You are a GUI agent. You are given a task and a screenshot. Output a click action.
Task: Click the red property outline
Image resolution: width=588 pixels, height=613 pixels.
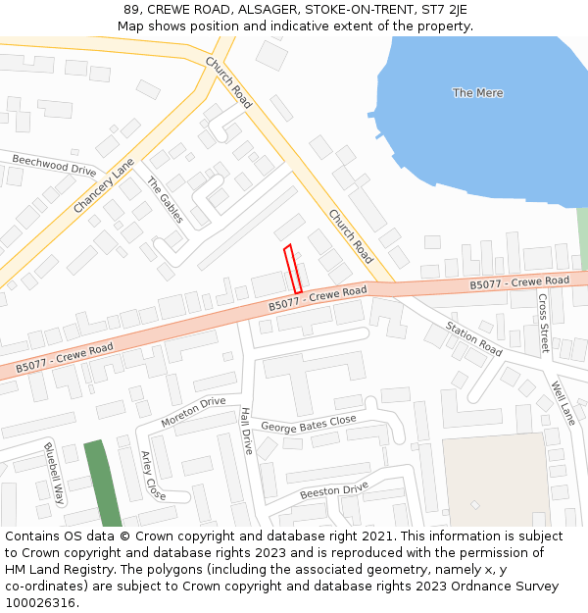click(x=292, y=268)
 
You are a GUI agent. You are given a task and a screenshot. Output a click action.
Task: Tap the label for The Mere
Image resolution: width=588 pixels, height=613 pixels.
click(x=477, y=93)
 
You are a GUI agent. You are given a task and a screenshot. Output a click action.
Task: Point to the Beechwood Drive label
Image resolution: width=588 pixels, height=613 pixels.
click(x=54, y=164)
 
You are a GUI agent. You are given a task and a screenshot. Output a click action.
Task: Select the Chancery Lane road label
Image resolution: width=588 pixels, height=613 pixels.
click(x=103, y=186)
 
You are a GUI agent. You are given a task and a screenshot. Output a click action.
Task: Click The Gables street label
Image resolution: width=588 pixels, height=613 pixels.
click(x=165, y=199)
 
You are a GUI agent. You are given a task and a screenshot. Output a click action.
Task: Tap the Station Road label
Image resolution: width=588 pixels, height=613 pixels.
click(x=473, y=338)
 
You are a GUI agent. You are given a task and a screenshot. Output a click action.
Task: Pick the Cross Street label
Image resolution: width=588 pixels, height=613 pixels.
click(x=543, y=324)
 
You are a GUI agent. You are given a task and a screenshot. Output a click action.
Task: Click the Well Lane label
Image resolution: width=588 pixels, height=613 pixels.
click(x=563, y=402)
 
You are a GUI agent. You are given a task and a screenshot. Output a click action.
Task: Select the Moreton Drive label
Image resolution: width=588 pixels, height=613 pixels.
click(x=193, y=412)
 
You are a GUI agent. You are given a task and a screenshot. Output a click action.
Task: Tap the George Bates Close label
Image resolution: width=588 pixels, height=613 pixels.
click(x=309, y=425)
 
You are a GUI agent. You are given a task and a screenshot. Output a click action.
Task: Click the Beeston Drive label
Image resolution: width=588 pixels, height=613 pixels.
click(x=333, y=489)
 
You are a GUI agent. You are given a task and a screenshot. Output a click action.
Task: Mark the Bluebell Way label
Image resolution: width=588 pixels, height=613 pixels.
click(x=53, y=474)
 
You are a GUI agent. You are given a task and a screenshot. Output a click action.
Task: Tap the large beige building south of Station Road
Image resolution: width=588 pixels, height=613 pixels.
click(x=496, y=481)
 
